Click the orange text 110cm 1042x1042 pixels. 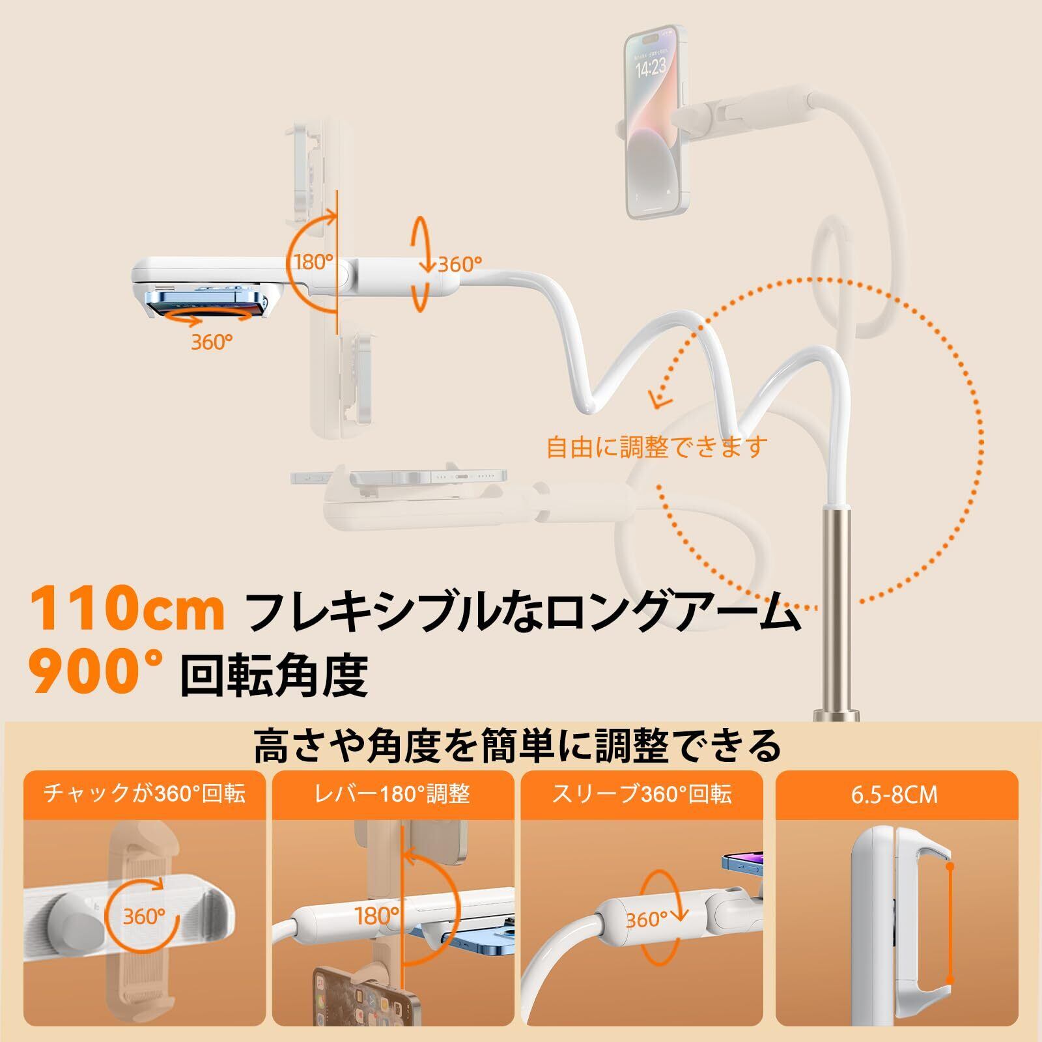click(127, 608)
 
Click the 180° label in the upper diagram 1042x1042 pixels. click(313, 262)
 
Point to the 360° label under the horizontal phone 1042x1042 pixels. click(212, 341)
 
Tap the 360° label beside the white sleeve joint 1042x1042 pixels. click(460, 264)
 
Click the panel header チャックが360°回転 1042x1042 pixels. click(145, 794)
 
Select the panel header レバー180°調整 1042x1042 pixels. click(392, 794)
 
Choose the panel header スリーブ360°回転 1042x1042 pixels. click(641, 794)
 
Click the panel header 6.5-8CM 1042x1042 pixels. click(894, 795)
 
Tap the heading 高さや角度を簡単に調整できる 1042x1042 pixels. click(518, 746)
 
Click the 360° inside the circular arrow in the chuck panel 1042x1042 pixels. click(144, 916)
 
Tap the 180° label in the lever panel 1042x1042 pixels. click(376, 915)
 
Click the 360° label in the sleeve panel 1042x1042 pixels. click(647, 919)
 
